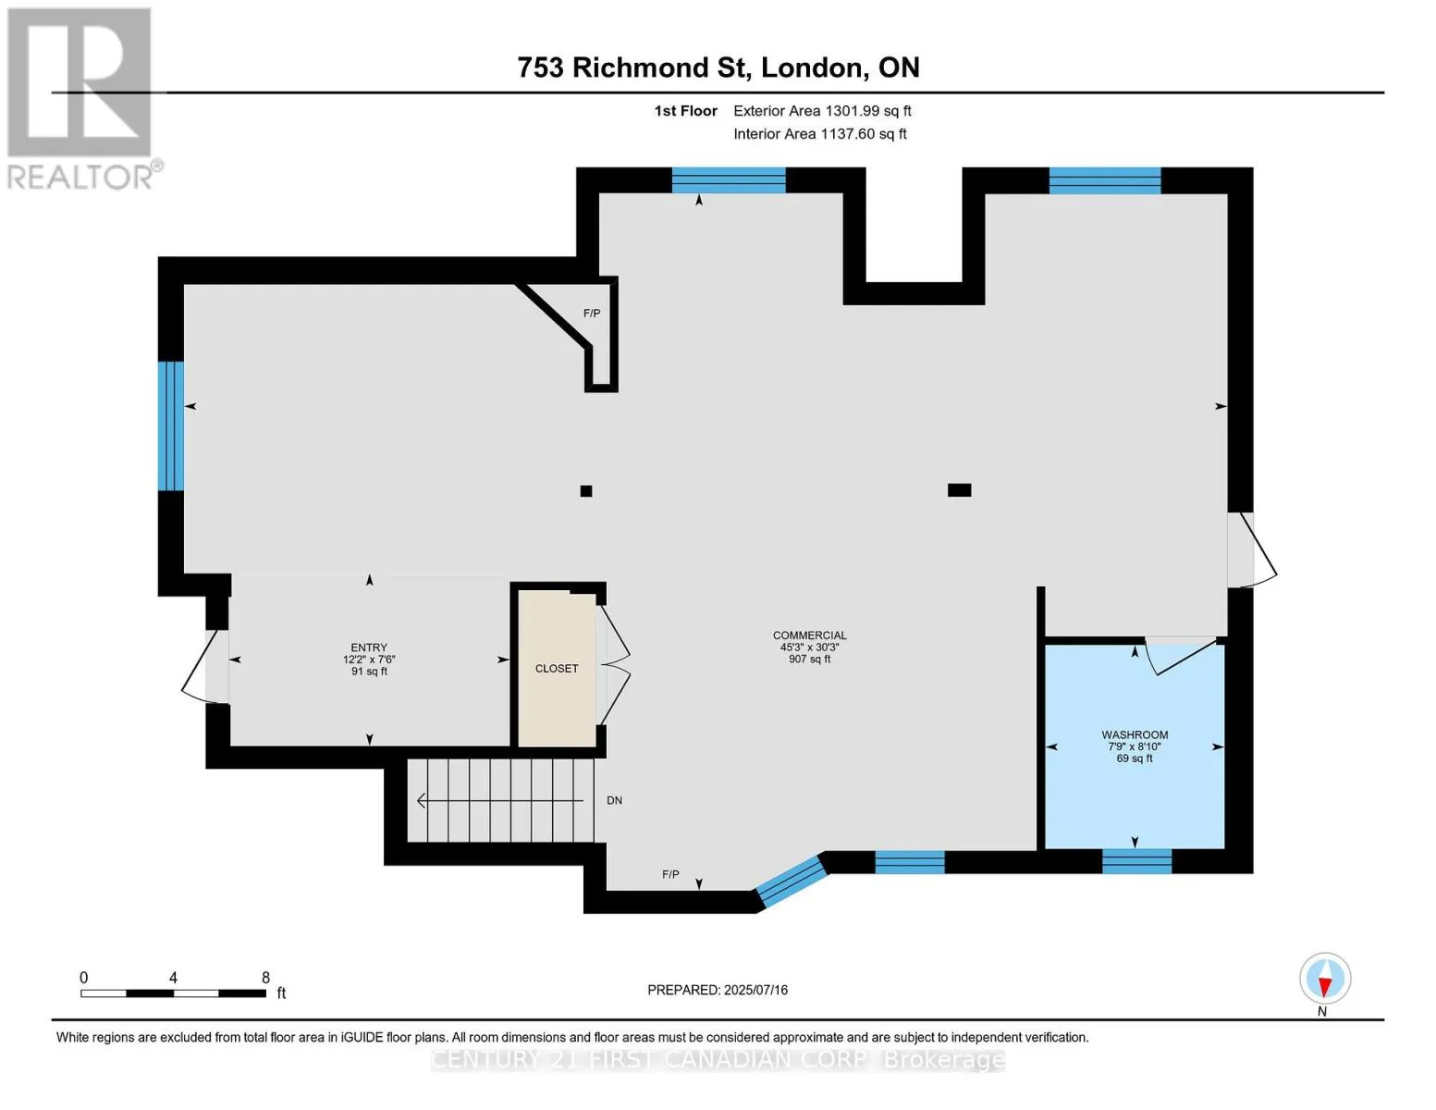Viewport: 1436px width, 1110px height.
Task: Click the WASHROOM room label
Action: pos(1134,734)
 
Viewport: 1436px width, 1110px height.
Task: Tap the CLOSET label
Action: pos(557,669)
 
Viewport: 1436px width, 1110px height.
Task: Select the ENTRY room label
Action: pos(369,647)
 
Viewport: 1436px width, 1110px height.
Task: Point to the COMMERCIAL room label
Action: pos(809,635)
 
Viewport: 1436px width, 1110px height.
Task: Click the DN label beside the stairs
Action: pos(615,800)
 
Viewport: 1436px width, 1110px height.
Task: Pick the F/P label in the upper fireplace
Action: pos(592,313)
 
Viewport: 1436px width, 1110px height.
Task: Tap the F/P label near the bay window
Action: pos(670,874)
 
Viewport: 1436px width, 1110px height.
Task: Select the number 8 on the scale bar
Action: pos(265,977)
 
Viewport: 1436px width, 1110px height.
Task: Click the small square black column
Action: pos(585,490)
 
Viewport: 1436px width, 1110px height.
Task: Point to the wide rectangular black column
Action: pos(959,490)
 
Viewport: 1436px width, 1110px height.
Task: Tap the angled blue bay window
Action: pos(792,882)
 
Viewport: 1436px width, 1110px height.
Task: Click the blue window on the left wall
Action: pos(170,425)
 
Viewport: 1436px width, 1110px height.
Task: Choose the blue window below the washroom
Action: pos(1136,861)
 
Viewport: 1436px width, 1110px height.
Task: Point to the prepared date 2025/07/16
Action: pos(755,990)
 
